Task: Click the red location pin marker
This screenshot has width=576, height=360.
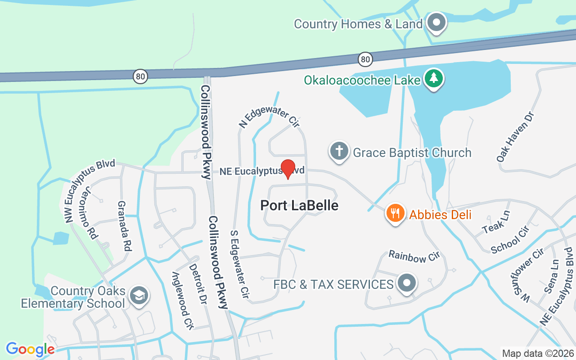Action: click(288, 169)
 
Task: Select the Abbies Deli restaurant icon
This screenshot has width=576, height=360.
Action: click(395, 213)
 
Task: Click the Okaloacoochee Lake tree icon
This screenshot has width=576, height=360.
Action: click(434, 79)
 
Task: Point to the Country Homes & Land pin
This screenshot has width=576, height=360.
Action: click(436, 22)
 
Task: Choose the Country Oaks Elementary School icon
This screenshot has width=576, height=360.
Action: click(138, 296)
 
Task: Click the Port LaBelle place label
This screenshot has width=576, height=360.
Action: click(299, 206)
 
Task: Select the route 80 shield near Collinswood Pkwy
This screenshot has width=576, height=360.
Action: click(140, 76)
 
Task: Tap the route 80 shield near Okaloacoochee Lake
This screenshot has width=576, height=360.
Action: click(365, 59)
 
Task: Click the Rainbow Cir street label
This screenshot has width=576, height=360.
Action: click(414, 257)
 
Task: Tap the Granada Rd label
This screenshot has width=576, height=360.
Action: click(124, 226)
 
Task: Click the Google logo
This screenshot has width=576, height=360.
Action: click(30, 349)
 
